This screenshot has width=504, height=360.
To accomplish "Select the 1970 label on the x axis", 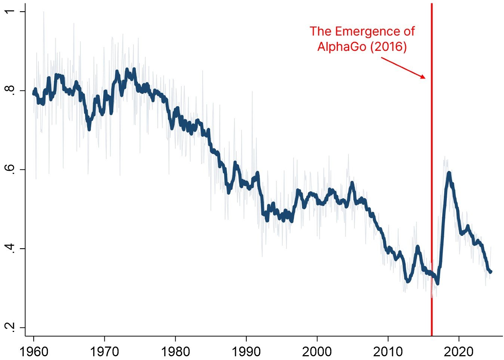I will click(104, 351).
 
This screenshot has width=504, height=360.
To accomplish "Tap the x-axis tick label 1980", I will click(175, 351).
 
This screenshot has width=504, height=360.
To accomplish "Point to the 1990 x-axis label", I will click(246, 351).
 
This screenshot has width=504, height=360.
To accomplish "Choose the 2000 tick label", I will click(317, 351).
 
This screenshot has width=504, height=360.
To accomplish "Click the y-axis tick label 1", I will click(12, 12).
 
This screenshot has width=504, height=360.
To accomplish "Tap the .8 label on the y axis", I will click(12, 90).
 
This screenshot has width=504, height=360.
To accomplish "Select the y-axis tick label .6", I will click(12, 169).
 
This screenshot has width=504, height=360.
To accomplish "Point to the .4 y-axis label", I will click(12, 248).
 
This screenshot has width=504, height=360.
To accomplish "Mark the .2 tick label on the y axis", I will click(12, 327).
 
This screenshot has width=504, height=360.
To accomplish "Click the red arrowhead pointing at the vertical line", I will click(423, 77).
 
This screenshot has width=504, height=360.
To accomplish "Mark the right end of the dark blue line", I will click(491, 272).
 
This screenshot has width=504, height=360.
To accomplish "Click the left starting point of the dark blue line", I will click(34, 93).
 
